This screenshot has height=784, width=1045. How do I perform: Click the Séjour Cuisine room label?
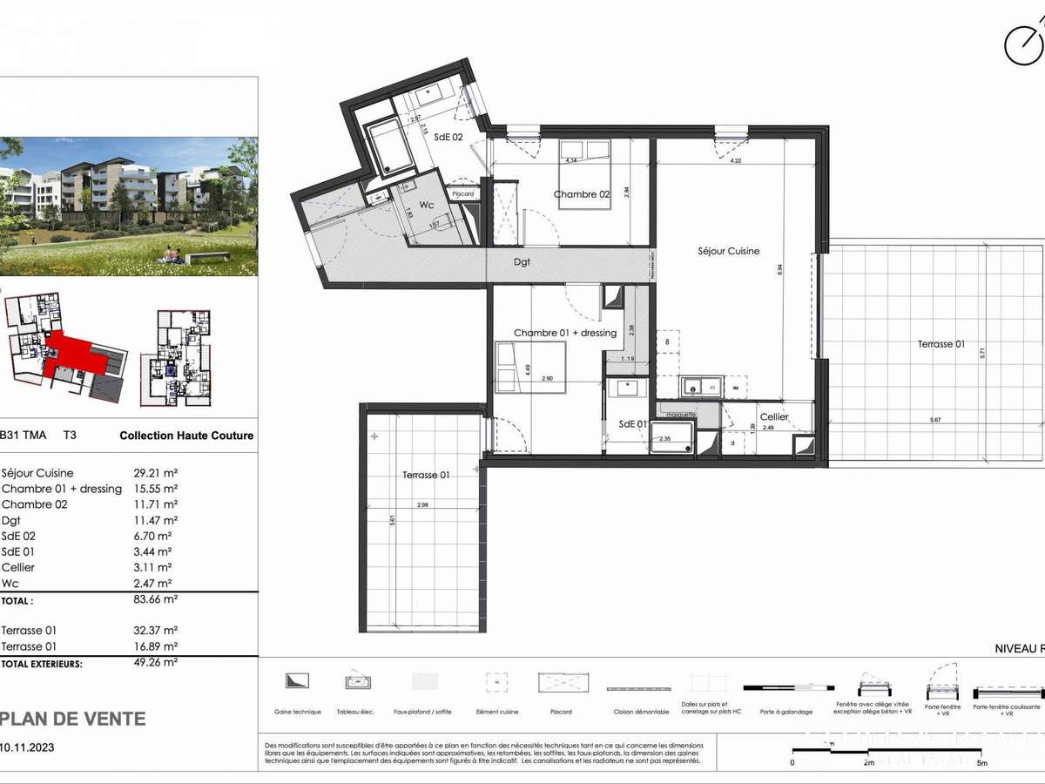[729, 251]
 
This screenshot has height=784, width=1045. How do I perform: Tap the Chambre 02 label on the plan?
[582, 194]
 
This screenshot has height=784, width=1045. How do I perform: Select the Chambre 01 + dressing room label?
[564, 333]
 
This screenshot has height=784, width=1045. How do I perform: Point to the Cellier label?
[774, 417]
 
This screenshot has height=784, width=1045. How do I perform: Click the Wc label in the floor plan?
[427, 205]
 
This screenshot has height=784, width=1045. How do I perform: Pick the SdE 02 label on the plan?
[448, 137]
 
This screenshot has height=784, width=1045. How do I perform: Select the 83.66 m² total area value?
[158, 600]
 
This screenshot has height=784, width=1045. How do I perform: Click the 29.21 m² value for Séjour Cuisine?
[158, 473]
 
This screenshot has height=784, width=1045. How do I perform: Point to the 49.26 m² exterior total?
[158, 662]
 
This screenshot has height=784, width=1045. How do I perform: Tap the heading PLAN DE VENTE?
[72, 719]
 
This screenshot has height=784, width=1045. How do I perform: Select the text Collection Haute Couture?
[186, 436]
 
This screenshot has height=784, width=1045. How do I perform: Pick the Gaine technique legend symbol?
[297, 680]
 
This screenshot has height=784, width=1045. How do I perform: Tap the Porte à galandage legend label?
[782, 712]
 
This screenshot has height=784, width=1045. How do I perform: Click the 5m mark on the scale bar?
[982, 762]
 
